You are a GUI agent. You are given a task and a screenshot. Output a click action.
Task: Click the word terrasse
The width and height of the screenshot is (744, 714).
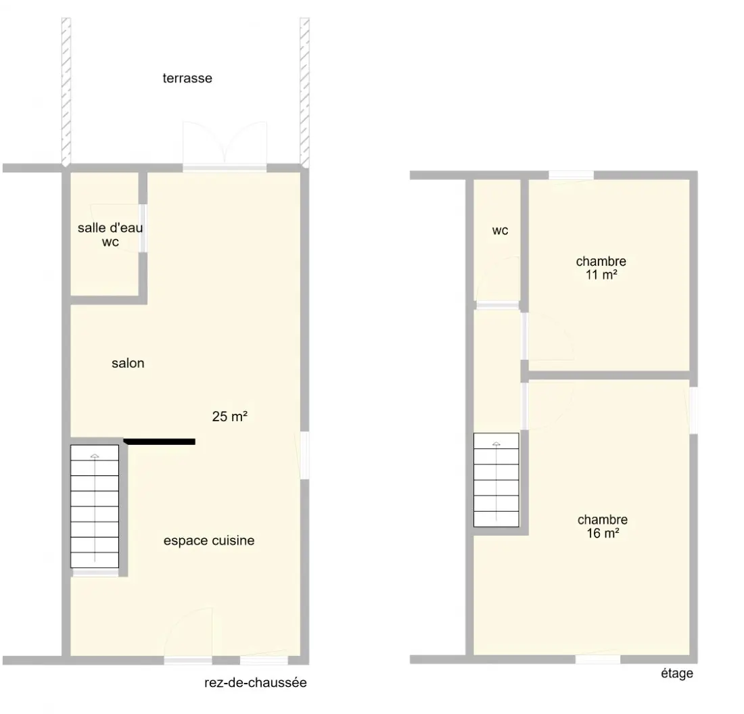(x=187, y=78)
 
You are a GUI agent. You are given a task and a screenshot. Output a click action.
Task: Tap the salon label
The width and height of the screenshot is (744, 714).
(x=128, y=363)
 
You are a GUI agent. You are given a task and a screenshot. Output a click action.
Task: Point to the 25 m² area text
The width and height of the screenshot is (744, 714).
(x=230, y=416)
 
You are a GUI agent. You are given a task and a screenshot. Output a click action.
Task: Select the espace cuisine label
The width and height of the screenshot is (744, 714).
(x=209, y=540)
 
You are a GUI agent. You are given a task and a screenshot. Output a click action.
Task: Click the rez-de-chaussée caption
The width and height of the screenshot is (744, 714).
(x=256, y=683)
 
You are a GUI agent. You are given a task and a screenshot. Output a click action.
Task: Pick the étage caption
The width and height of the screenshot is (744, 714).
(x=677, y=673)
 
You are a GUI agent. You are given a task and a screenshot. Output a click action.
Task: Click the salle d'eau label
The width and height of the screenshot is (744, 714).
(x=110, y=228)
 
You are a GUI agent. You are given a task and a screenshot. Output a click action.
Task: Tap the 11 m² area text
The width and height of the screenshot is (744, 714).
(x=601, y=275)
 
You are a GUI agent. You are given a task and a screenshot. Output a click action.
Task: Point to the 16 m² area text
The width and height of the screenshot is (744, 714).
(x=603, y=533)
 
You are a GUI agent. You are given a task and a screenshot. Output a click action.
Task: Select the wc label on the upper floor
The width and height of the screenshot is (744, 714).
(x=500, y=231)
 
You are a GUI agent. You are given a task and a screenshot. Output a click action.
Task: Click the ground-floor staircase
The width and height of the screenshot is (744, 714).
(x=95, y=506)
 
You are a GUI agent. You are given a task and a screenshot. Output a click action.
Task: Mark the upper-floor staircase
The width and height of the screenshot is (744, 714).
(x=496, y=479)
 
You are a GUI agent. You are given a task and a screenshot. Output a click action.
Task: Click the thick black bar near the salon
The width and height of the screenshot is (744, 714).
(x=160, y=442)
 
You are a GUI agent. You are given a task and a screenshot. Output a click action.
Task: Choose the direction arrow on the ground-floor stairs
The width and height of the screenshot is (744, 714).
(x=95, y=508)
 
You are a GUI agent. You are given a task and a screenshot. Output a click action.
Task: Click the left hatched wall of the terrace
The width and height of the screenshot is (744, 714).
(x=66, y=92)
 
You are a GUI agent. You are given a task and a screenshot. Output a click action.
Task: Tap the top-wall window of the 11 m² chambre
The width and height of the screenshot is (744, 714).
(x=572, y=175)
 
